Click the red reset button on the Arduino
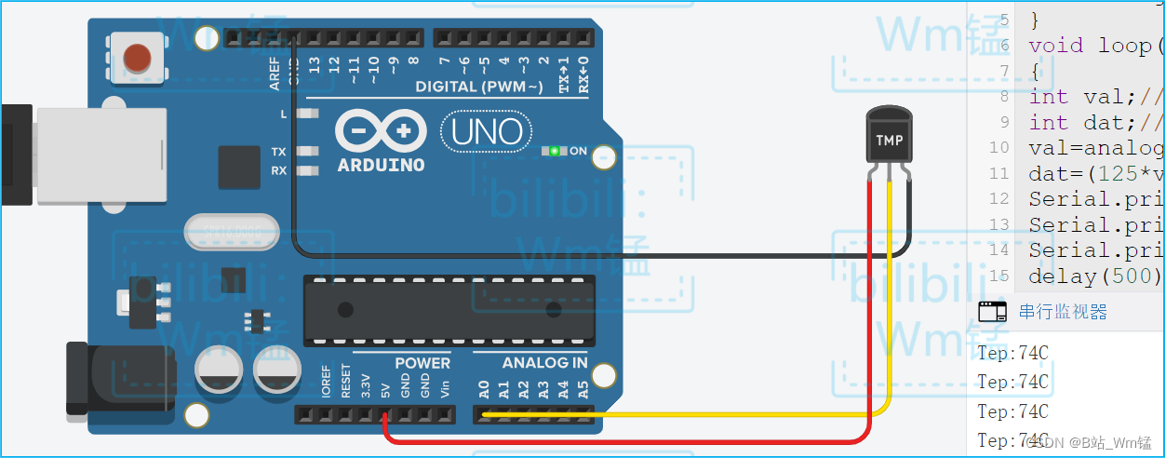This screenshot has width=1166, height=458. (x=138, y=57)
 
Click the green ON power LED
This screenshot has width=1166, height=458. (x=555, y=151)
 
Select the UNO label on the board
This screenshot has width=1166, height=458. (x=486, y=132)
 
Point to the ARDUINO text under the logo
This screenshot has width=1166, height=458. (x=381, y=165)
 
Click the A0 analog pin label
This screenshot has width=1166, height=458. (x=484, y=388)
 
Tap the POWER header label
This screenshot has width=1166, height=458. (x=422, y=363)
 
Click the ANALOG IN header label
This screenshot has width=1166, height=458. (x=544, y=363)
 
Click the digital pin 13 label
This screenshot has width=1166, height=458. (x=315, y=65)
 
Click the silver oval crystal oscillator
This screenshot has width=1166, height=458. (x=232, y=232)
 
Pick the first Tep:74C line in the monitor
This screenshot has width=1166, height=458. (x=1012, y=352)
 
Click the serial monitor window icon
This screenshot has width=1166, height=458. (x=993, y=312)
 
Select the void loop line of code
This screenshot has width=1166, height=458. (x=1090, y=46)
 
